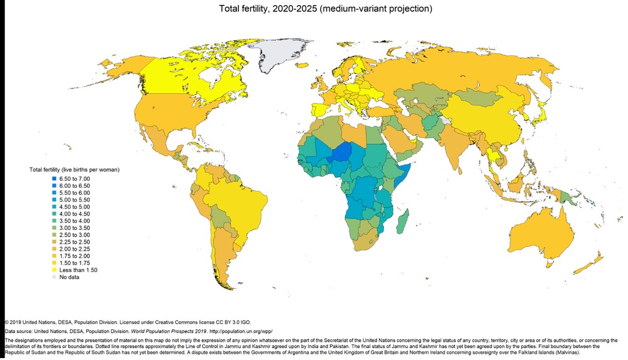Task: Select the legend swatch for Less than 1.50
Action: click(x=54, y=270)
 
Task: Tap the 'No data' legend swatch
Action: click(x=54, y=276)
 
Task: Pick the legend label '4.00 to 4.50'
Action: click(x=77, y=214)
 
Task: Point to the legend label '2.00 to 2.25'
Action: click(x=77, y=249)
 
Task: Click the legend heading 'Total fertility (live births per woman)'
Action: click(x=74, y=170)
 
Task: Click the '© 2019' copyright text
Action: click(x=14, y=321)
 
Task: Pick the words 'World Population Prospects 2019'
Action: click(x=162, y=330)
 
